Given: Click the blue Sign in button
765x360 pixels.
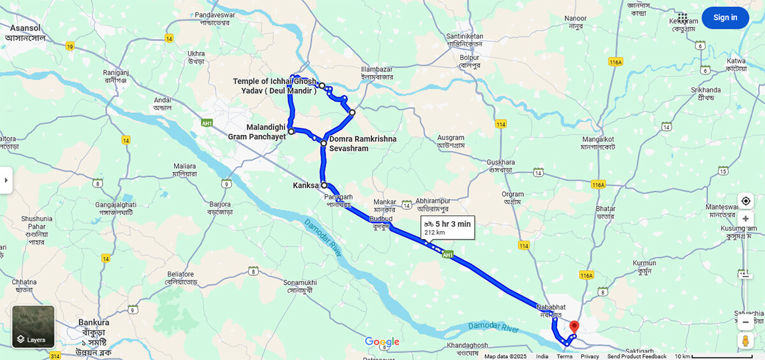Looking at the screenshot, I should [725, 18].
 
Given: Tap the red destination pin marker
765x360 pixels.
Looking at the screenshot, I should [574, 327].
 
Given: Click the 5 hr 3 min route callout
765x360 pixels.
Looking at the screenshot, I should [447, 227].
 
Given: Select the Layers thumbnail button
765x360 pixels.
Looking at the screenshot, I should [33, 327].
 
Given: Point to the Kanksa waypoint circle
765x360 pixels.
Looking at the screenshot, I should [324, 185].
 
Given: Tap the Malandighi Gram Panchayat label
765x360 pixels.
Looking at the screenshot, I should [257, 132].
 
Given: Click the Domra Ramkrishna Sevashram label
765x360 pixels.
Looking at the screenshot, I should [362, 143].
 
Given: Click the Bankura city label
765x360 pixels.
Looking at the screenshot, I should [94, 322].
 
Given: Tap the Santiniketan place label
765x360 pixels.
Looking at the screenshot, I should [465, 36].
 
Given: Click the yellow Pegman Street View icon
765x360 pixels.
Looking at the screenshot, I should [745, 341].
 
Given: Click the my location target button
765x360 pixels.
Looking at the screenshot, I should [745, 201].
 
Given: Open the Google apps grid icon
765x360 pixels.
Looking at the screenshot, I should [683, 18].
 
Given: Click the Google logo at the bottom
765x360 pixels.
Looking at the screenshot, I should [382, 342].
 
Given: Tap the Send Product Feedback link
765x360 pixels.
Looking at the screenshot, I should [636, 356].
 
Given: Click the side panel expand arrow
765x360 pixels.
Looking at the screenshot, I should [6, 180].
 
